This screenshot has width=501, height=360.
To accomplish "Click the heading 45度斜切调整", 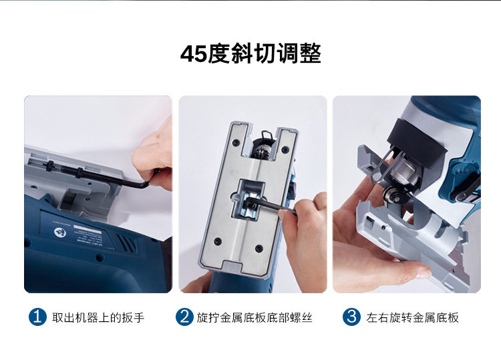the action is [251, 53].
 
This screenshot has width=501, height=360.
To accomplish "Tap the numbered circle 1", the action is [37, 317].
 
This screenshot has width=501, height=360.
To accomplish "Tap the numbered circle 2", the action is [184, 317].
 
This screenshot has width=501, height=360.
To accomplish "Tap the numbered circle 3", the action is [351, 317].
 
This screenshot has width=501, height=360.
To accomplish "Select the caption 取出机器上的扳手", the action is [98, 317].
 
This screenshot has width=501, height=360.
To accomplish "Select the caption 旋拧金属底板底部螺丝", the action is [255, 317].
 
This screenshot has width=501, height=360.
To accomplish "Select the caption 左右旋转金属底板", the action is [413, 317].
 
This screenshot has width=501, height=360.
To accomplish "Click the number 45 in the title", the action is [194, 53].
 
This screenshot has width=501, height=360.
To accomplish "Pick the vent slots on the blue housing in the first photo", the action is [126, 243].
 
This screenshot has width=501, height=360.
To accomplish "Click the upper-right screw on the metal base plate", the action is [285, 149].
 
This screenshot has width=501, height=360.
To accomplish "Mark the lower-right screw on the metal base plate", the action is [259, 248].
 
